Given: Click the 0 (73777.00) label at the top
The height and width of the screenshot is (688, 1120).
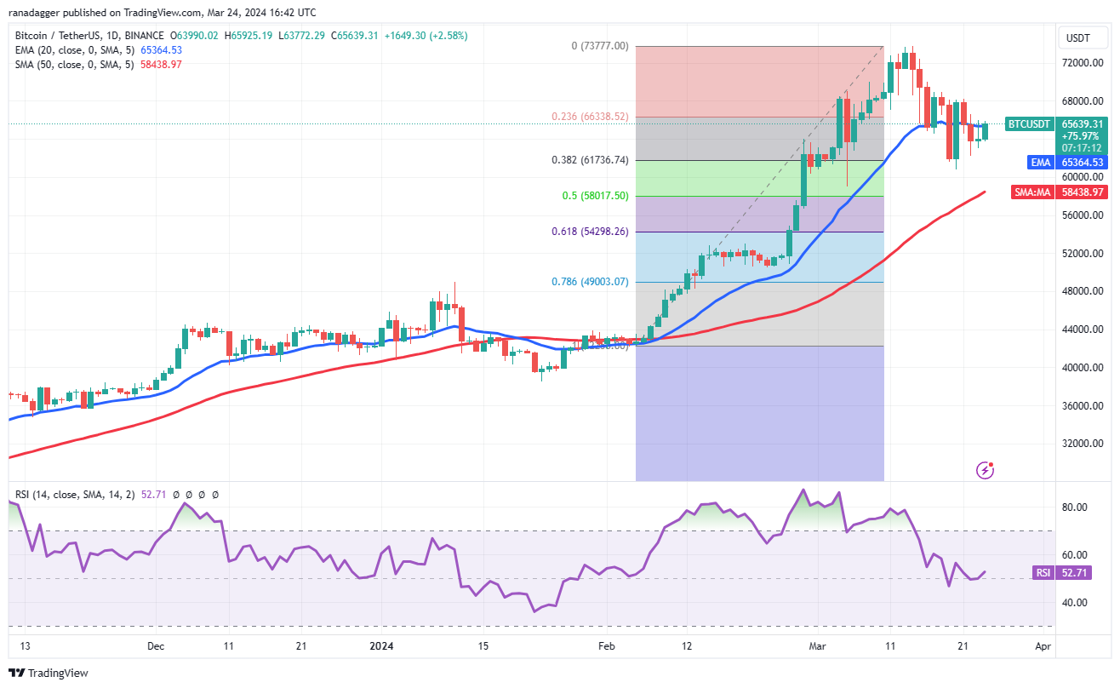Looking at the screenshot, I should pyautogui.click(x=600, y=46).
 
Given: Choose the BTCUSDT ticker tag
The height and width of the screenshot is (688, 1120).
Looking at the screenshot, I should pyautogui.click(x=1030, y=124).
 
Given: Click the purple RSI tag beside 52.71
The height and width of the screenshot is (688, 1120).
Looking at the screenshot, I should pyautogui.click(x=1043, y=573).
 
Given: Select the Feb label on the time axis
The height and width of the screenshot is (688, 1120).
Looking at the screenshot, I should pyautogui.click(x=607, y=646).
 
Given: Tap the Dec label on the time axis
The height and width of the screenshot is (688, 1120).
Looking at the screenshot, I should pyautogui.click(x=155, y=646).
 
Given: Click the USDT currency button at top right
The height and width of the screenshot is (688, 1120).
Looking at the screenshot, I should pyautogui.click(x=1078, y=38).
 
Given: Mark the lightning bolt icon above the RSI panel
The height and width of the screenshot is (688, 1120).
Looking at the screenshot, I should pyautogui.click(x=986, y=469).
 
